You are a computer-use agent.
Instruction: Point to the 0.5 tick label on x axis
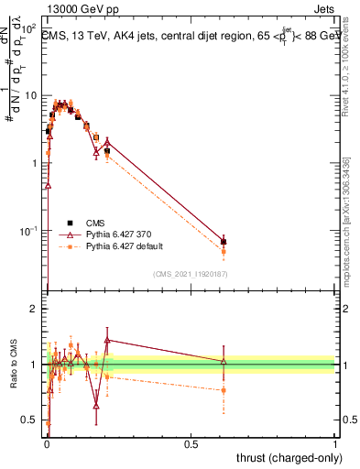[191, 442]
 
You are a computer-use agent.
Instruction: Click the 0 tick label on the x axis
[47, 442]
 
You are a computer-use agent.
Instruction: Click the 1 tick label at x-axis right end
[335, 442]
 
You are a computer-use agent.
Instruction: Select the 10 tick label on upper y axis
[31, 95]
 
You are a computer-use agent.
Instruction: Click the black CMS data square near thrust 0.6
[224, 242]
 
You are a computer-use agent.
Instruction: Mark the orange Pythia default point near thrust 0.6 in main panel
[224, 251]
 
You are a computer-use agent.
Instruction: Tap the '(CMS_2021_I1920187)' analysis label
[190, 273]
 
